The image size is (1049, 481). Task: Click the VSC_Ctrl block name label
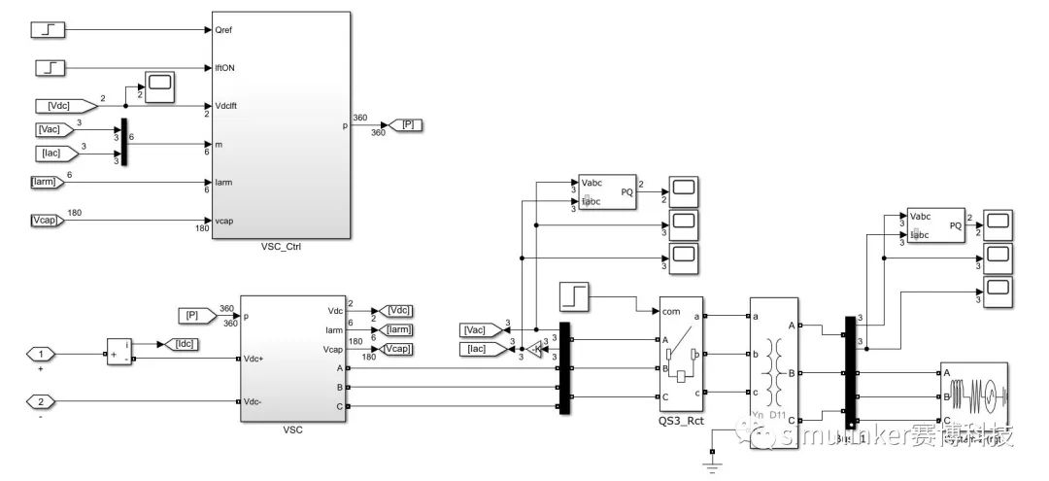coord(281,247)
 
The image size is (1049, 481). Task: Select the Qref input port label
coord(223,29)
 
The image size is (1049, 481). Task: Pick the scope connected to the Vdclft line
coord(159,86)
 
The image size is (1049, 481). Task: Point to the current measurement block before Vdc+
coord(121,352)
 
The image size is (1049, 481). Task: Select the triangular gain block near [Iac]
coord(532,348)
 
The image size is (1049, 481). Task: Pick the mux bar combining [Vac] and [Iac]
coord(122,143)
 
